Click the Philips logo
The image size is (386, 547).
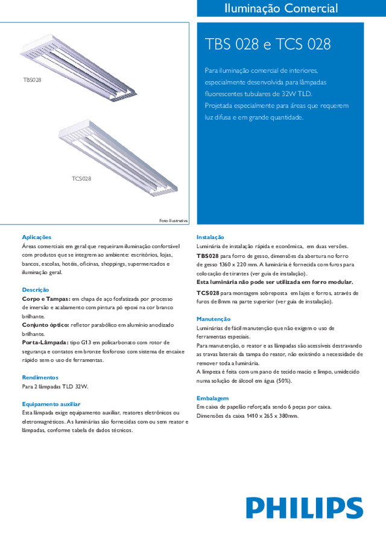click(304, 508)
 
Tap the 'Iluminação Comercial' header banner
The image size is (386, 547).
click(280, 8)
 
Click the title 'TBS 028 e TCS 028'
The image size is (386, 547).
click(268, 45)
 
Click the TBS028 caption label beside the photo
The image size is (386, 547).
click(32, 80)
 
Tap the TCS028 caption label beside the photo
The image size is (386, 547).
click(81, 179)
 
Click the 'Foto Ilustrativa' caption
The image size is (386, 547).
click(174, 220)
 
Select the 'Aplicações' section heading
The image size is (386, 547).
click(36, 237)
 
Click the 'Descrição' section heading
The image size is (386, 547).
click(35, 290)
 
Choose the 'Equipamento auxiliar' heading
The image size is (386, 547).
click(51, 404)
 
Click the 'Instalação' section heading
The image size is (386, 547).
click(210, 237)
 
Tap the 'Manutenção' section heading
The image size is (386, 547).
click(214, 319)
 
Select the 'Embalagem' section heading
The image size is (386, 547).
click(212, 398)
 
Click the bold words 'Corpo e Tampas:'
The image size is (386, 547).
click(46, 299)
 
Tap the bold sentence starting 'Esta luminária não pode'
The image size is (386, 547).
click(275, 282)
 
